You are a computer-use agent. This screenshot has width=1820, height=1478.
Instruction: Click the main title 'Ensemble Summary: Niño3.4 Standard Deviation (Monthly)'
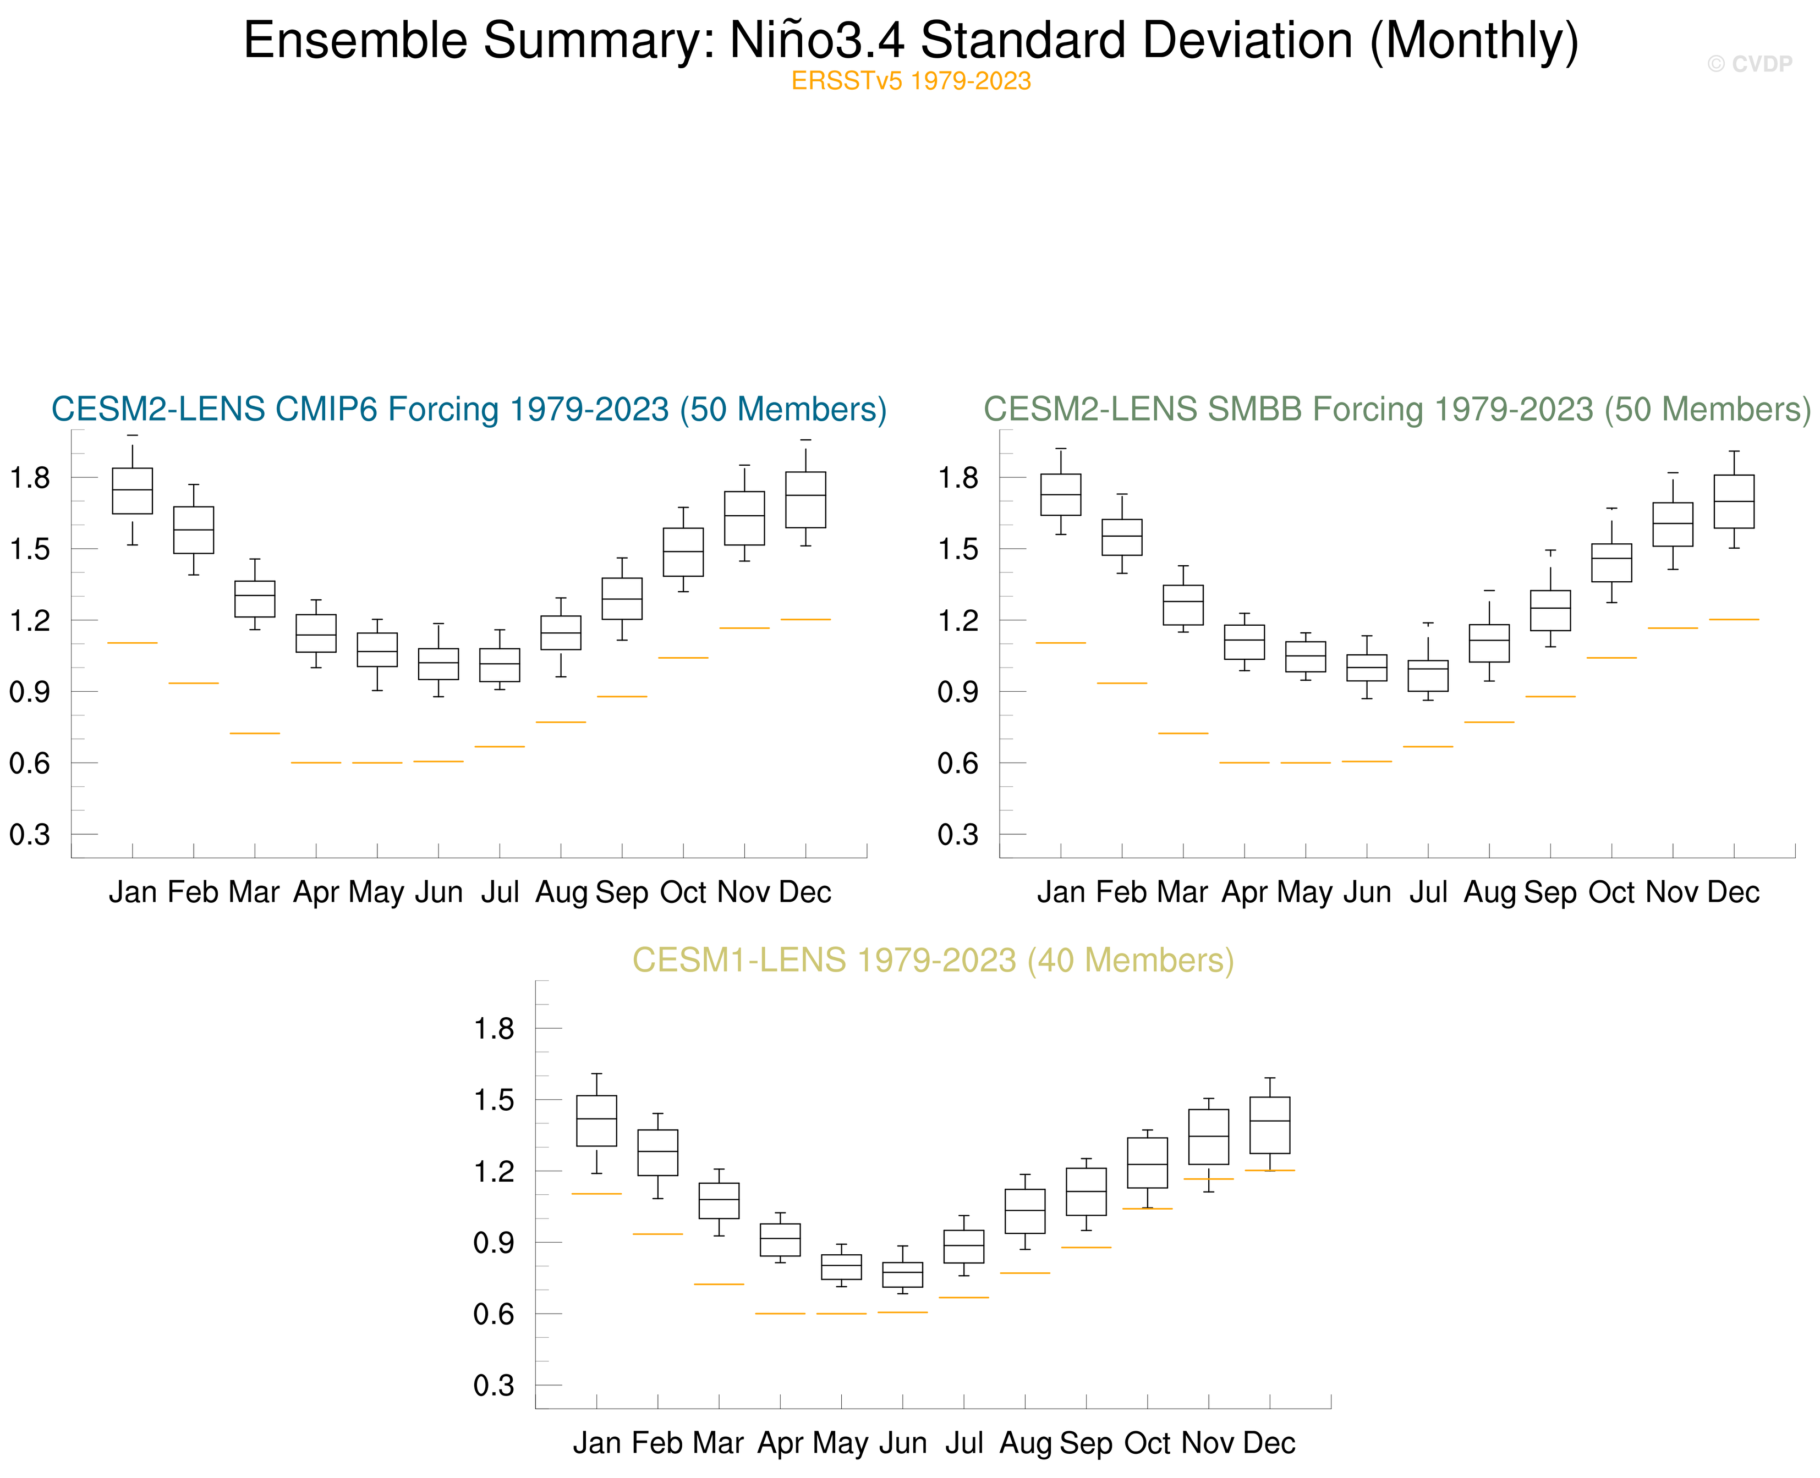pyautogui.click(x=911, y=40)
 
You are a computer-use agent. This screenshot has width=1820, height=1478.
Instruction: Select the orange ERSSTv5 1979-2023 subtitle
pyautogui.click(x=911, y=81)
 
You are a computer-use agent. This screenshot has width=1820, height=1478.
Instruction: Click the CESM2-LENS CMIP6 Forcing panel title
pyautogui.click(x=468, y=410)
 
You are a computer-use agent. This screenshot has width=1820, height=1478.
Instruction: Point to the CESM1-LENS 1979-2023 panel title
pyautogui.click(x=933, y=961)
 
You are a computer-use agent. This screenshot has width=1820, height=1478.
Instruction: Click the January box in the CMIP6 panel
pyautogui.click(x=133, y=491)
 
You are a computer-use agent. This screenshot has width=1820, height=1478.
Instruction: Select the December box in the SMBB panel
pyautogui.click(x=1733, y=501)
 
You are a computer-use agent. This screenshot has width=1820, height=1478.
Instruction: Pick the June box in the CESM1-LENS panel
pyautogui.click(x=902, y=1275)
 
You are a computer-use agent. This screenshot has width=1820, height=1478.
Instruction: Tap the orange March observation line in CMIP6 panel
pyautogui.click(x=255, y=733)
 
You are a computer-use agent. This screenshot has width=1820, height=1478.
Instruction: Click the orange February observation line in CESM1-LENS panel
pyautogui.click(x=657, y=1234)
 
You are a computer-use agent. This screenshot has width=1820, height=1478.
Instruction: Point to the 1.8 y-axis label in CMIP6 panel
pyautogui.click(x=30, y=478)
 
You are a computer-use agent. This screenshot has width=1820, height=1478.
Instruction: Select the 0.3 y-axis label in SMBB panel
pyautogui.click(x=958, y=834)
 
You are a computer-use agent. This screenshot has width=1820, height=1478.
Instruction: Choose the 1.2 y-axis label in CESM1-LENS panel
pyautogui.click(x=494, y=1172)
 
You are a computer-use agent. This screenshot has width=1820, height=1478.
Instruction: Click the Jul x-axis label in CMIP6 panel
pyautogui.click(x=500, y=892)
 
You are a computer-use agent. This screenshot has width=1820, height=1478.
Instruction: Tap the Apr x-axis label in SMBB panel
pyautogui.click(x=1243, y=892)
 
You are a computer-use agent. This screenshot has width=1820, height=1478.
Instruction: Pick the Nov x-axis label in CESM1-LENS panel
pyautogui.click(x=1208, y=1443)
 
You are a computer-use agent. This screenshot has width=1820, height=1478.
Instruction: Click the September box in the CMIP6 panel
pyautogui.click(x=622, y=599)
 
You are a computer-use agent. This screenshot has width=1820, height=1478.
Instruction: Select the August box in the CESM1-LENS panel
pyautogui.click(x=1024, y=1211)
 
